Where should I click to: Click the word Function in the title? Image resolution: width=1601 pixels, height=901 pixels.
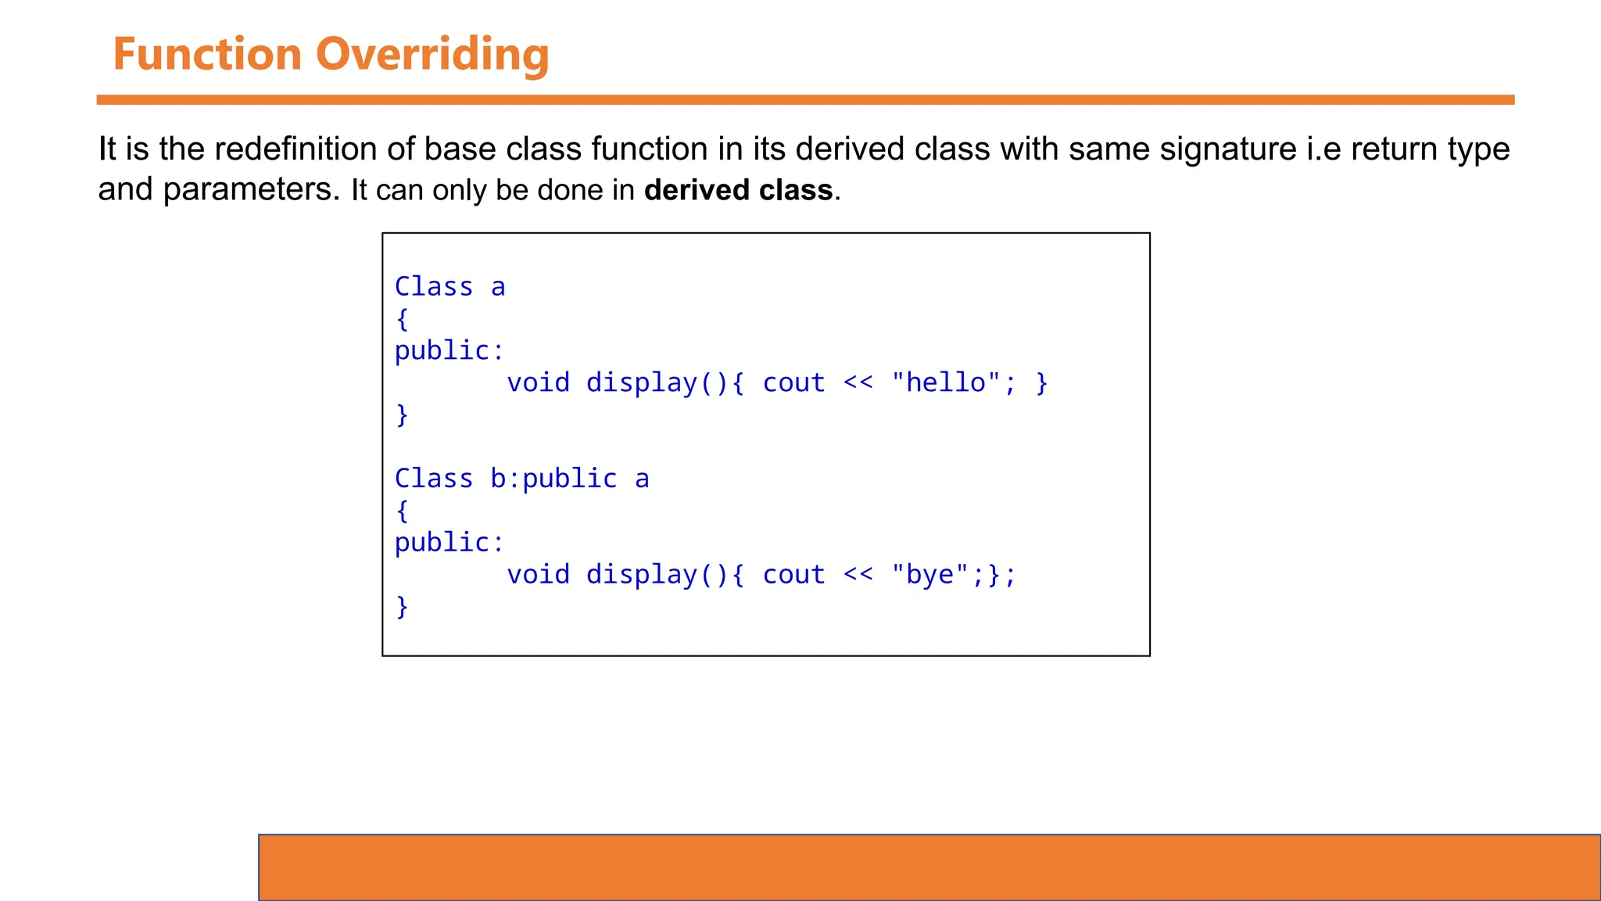click(x=207, y=55)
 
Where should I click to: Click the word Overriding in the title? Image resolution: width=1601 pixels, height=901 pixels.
click(x=432, y=55)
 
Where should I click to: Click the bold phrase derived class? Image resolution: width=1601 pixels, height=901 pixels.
click(x=738, y=190)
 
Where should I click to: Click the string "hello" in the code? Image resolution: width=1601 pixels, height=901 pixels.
click(x=945, y=382)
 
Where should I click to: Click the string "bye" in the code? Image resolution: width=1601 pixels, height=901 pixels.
click(x=929, y=575)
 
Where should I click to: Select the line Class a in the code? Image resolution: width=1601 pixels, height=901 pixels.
click(x=449, y=287)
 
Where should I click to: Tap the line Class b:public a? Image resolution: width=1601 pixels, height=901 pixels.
click(x=521, y=479)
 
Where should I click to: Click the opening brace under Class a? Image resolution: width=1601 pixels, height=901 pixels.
click(x=402, y=319)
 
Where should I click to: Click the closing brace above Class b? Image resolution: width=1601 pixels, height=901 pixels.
click(x=402, y=415)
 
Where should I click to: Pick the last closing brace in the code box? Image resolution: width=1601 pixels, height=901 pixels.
click(x=402, y=607)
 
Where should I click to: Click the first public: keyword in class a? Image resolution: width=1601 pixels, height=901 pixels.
click(x=449, y=351)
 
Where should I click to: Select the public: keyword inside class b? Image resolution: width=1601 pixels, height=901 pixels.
click(x=449, y=543)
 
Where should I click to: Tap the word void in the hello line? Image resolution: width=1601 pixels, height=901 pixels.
click(x=538, y=382)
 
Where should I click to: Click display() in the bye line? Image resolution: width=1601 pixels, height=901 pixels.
click(x=657, y=575)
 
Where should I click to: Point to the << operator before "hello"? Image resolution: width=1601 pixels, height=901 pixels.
click(x=858, y=382)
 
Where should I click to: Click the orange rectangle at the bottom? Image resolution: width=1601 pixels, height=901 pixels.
click(x=929, y=867)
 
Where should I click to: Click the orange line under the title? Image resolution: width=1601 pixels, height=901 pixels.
click(x=805, y=100)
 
